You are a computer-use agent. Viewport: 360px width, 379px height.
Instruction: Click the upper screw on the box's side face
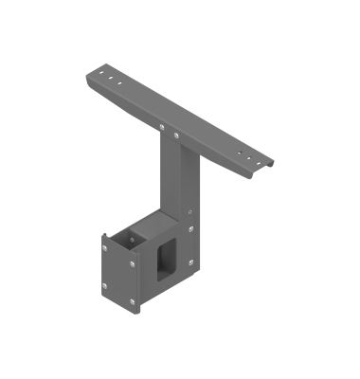pyautogui.click(x=190, y=228)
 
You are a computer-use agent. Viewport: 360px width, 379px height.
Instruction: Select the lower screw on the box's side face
pyautogui.click(x=190, y=262)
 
